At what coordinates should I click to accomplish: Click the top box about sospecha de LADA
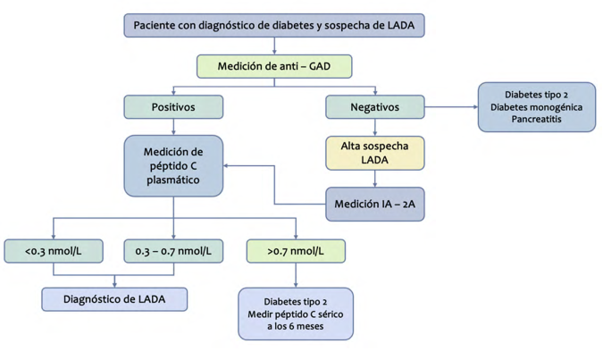coord(274,25)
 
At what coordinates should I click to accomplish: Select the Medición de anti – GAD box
coord(274,66)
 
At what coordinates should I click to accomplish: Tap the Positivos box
coord(173,107)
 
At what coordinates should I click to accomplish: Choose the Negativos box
coord(375,107)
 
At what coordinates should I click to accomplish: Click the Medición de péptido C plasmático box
coord(173,166)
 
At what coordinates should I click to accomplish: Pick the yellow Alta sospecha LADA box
coord(375,153)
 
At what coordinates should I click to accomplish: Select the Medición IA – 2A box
coord(375,204)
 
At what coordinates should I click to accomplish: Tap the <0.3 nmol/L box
coord(54,251)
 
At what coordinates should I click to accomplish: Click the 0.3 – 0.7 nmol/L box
coord(173,251)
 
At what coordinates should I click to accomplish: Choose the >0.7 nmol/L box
coord(296,251)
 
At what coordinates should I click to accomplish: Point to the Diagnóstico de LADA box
coord(114,299)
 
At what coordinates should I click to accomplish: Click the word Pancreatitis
coord(537,119)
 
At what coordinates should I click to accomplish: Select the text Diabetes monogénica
coord(537,107)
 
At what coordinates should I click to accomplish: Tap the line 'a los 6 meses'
coord(296,326)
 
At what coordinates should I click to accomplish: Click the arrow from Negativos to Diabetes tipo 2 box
coord(451,107)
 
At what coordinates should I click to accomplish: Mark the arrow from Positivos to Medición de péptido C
coord(173,127)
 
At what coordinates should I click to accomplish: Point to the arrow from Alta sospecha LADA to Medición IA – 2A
coord(375,179)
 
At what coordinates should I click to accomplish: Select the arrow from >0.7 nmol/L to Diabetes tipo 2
coord(296,275)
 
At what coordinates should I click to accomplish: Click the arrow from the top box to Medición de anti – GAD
coord(274,46)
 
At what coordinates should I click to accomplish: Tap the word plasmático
coord(173,180)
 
